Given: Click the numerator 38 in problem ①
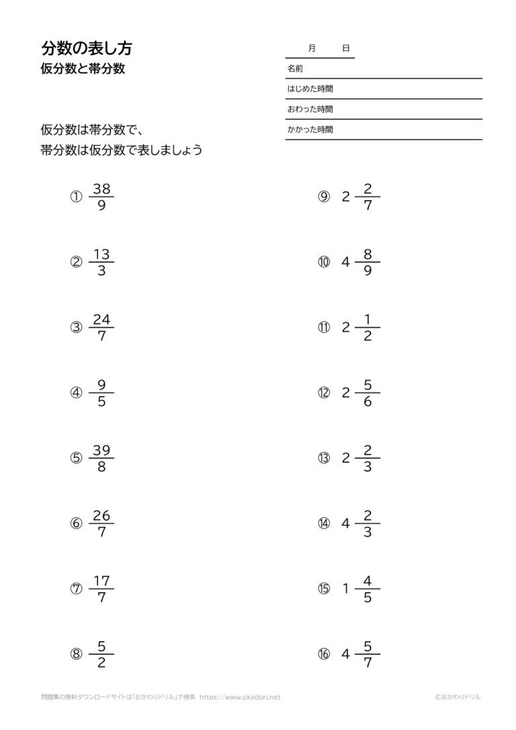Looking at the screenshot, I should [101, 189].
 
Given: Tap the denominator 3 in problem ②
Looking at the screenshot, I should [101, 272].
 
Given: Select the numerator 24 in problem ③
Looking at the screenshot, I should [101, 320].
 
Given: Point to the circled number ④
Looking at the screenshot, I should [77, 394].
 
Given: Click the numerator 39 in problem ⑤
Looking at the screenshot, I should [101, 451].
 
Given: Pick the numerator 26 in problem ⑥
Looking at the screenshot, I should [101, 516].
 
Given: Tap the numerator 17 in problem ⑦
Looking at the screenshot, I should [101, 582].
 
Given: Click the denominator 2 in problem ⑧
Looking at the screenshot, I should [101, 664].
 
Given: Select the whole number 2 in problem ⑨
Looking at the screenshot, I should [346, 197].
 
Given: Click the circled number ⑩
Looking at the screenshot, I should [325, 263].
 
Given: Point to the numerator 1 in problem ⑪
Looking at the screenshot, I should [368, 320].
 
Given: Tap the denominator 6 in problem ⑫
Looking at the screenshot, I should [368, 402].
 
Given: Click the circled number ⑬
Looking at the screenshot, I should [325, 459].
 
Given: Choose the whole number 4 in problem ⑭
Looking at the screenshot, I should [346, 524].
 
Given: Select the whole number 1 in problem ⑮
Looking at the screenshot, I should [346, 589].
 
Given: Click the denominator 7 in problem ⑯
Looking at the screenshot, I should [368, 664].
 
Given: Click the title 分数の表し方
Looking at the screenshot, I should [87, 48].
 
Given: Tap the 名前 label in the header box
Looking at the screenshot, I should [295, 69].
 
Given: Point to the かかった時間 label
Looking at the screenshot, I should [310, 130].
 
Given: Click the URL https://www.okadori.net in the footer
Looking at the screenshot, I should [240, 698].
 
